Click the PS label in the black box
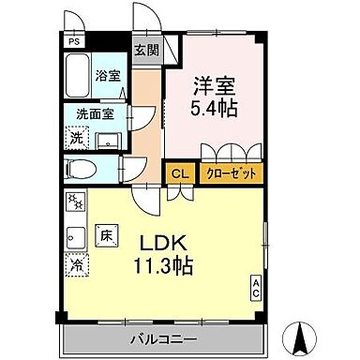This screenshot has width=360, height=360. tap(72, 41)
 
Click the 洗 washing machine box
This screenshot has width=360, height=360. tap(76, 137)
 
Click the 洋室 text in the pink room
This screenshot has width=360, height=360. tap(214, 83)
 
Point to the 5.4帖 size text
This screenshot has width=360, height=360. tap(214, 107)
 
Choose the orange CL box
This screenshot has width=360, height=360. tap(177, 172)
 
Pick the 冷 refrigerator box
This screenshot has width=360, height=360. tap(75, 264)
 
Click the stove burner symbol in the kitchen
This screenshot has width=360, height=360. tap(75, 202)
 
